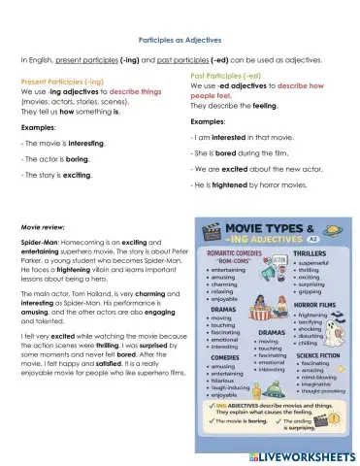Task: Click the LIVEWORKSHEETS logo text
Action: [303, 454]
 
